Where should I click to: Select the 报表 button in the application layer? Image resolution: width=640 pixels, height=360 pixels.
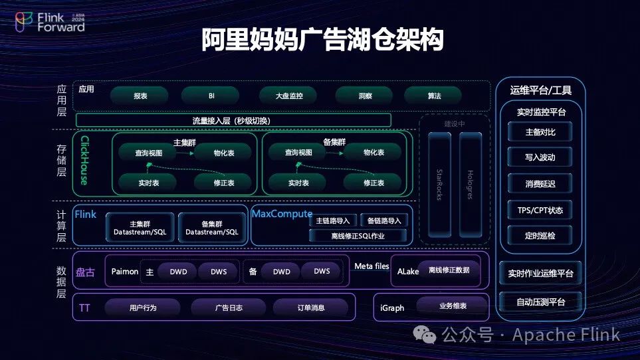click(140, 96)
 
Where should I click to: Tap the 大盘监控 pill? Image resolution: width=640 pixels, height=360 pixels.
click(289, 96)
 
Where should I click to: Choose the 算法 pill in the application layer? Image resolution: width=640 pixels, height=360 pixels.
click(434, 96)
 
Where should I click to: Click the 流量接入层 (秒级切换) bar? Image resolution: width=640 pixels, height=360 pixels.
click(233, 120)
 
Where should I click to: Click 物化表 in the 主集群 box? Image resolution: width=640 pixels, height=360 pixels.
click(223, 153)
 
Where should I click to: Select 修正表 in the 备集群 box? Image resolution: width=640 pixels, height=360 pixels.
click(373, 183)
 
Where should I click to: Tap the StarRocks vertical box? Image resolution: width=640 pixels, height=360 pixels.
click(439, 184)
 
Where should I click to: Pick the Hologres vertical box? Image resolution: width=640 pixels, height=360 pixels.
click(471, 184)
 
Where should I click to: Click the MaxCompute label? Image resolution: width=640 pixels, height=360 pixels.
click(282, 214)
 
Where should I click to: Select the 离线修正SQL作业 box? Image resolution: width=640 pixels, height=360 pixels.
click(358, 235)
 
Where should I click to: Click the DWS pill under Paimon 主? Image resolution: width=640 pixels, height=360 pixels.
click(219, 272)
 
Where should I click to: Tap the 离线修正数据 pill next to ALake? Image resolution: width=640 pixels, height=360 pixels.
click(449, 270)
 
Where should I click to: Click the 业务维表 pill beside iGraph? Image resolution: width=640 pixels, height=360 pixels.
click(453, 306)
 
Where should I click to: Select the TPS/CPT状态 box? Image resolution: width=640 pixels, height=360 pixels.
click(540, 210)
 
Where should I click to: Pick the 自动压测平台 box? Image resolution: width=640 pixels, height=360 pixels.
click(540, 302)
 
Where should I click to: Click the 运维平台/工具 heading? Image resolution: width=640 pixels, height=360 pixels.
click(540, 90)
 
